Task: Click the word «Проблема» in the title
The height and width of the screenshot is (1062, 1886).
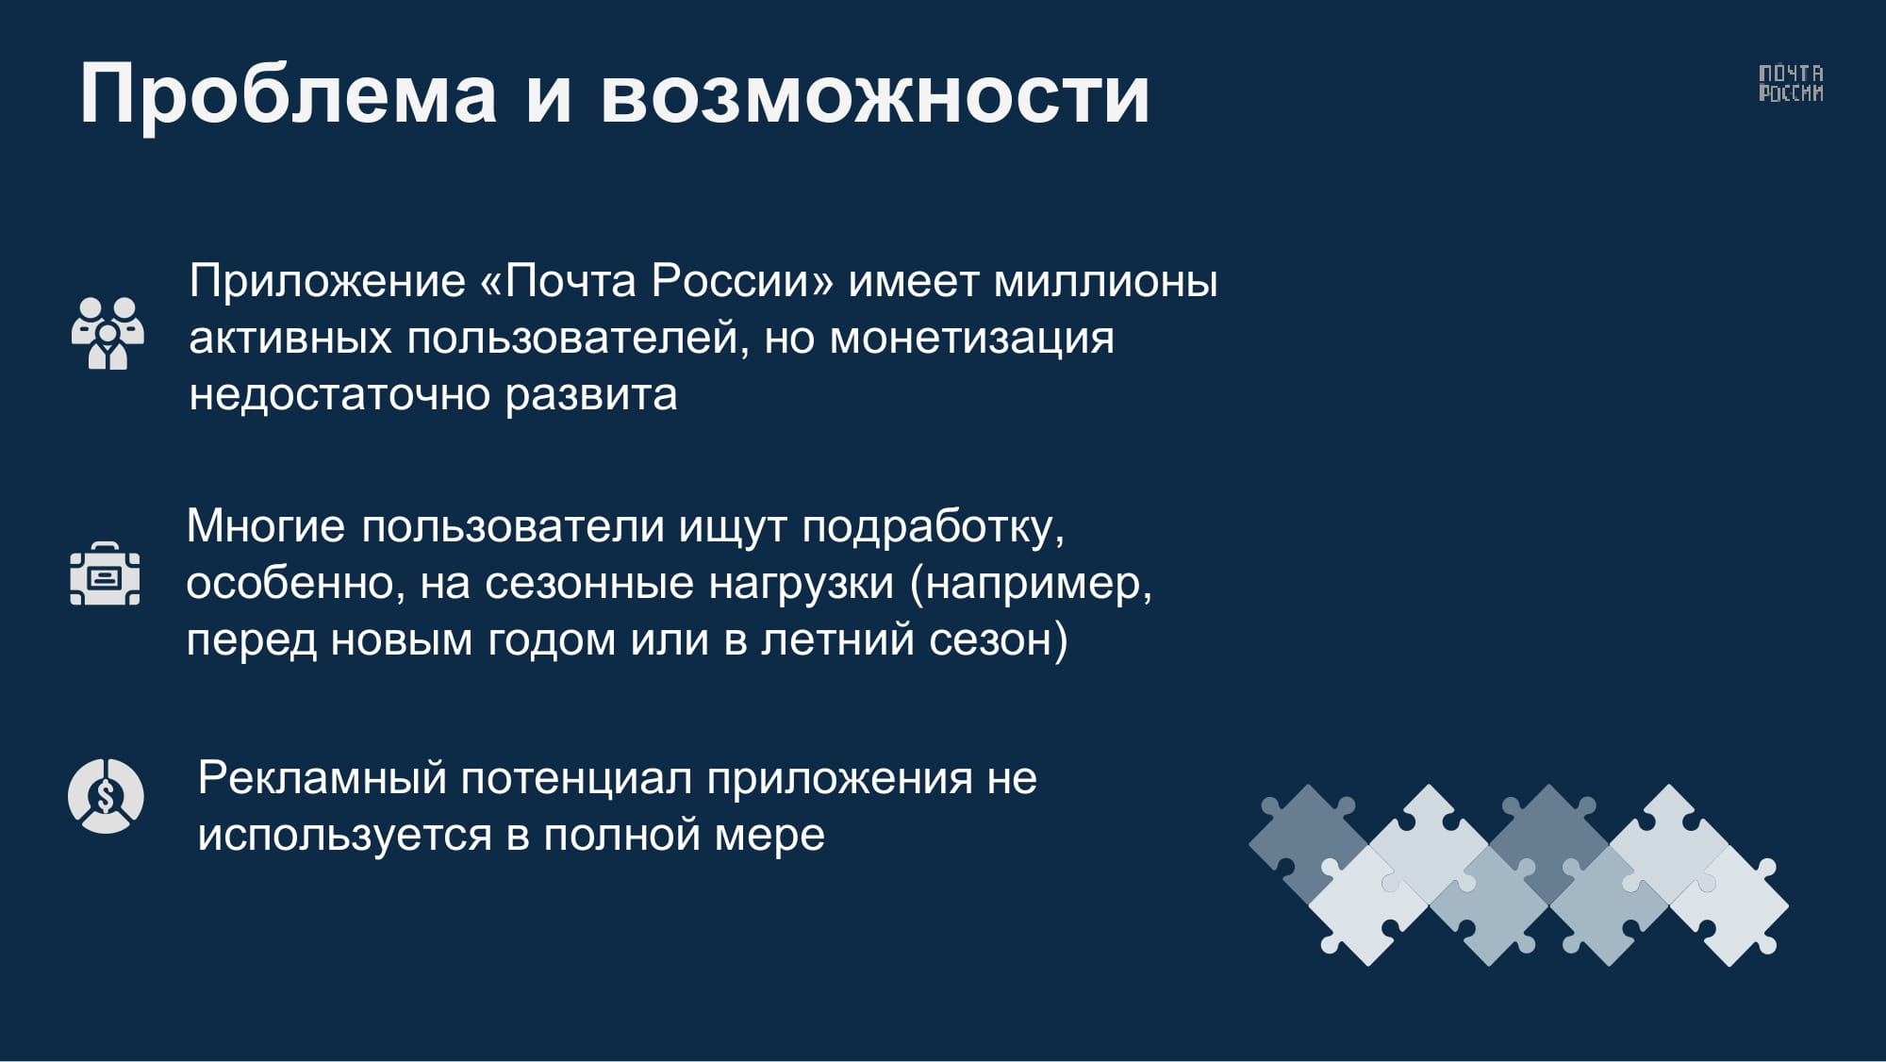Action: [289, 94]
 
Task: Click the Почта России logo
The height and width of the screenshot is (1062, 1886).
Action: [1791, 83]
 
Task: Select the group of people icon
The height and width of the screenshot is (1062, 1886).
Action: [108, 333]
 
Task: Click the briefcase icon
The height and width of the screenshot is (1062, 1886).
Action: [106, 573]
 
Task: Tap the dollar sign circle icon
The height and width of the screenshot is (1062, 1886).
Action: [106, 796]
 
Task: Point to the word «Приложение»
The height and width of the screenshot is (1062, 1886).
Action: [327, 282]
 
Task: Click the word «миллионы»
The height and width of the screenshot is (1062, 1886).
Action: [1106, 282]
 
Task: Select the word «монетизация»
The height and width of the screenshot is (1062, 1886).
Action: [971, 339]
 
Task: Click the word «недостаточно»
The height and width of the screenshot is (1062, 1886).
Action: [339, 394]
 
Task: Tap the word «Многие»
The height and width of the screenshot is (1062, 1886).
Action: [266, 525]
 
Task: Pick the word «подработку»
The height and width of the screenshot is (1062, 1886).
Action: [933, 527]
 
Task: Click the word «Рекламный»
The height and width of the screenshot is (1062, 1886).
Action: [322, 779]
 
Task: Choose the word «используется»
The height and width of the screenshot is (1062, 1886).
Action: [344, 836]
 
